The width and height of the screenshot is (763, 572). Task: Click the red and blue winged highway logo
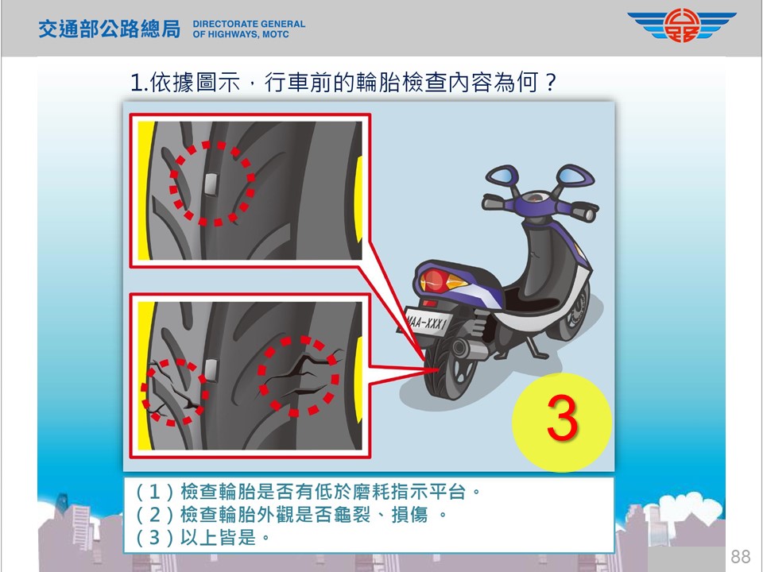click(x=682, y=25)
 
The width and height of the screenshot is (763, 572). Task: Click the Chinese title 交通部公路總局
click(x=110, y=29)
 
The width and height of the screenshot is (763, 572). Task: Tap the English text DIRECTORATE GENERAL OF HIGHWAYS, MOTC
click(x=249, y=29)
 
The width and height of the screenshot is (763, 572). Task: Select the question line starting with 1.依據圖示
click(x=343, y=82)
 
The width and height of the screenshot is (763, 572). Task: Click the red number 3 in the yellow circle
click(x=562, y=419)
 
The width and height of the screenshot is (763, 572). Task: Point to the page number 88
click(x=741, y=556)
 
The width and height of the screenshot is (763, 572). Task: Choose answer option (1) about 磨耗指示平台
click(x=308, y=492)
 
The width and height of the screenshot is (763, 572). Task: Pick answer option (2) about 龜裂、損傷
click(x=291, y=515)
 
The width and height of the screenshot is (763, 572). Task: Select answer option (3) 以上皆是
click(x=203, y=538)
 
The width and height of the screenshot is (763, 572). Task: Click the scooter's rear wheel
click(x=450, y=365)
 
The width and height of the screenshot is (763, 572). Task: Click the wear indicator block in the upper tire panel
click(x=211, y=184)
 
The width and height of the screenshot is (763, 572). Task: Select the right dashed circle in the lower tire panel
click(x=298, y=376)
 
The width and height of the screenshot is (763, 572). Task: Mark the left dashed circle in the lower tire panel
click(x=175, y=391)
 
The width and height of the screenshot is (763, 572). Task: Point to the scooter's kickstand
click(x=535, y=347)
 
